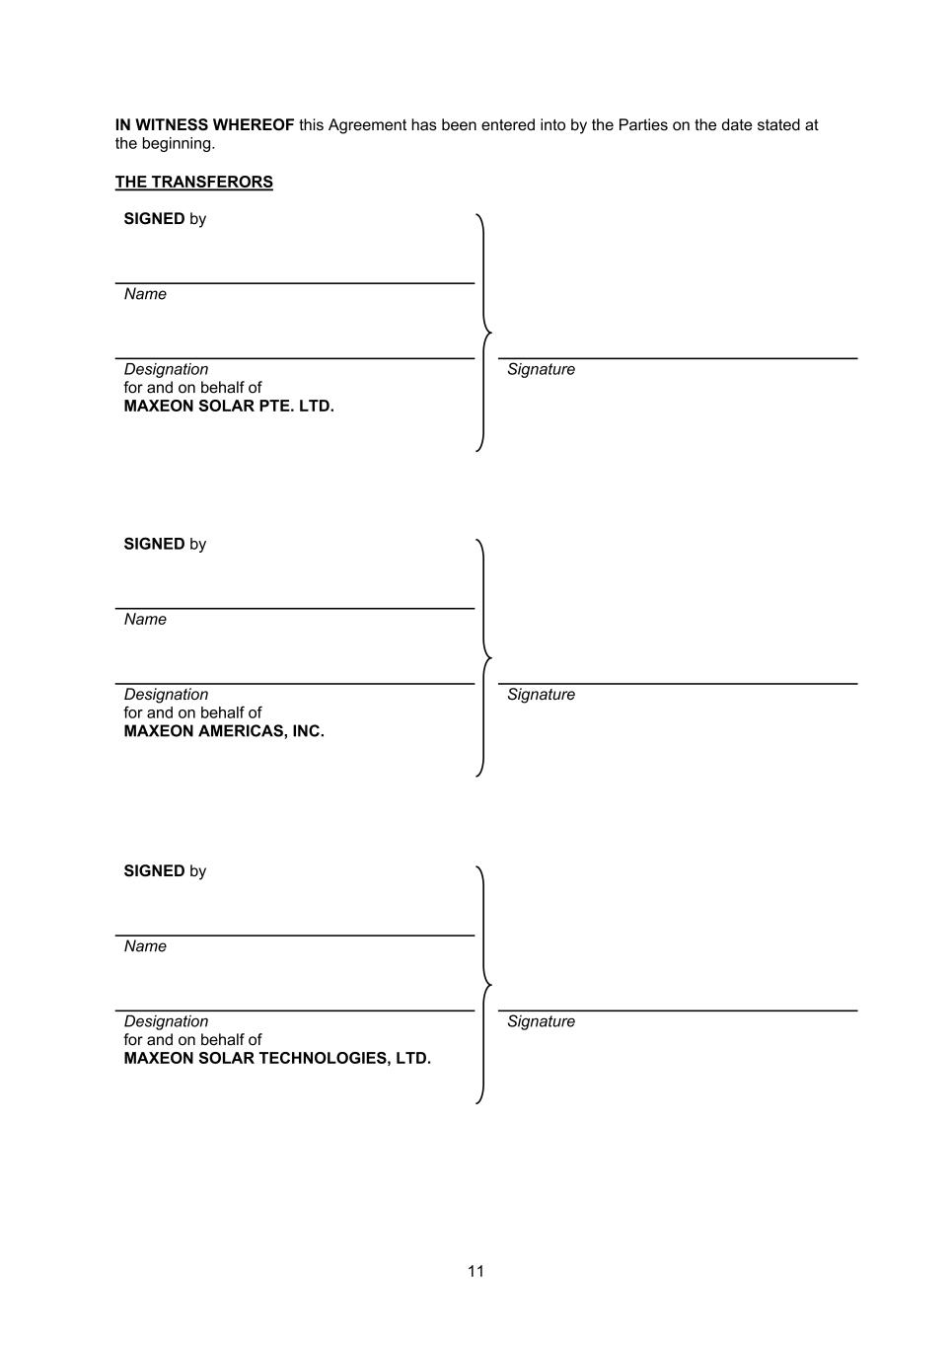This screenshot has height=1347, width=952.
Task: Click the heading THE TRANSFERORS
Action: [193, 182]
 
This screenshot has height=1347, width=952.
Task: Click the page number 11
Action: [476, 1271]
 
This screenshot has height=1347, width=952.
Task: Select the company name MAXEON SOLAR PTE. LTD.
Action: [229, 406]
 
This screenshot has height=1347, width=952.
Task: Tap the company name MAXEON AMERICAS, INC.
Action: [224, 731]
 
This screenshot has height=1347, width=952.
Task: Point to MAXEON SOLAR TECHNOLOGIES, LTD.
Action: [277, 1058]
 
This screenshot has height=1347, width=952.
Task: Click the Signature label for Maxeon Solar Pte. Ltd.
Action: [541, 369]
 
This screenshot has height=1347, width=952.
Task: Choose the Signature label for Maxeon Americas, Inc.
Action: [541, 695]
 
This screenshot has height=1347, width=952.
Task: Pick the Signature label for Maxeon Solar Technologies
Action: [541, 1021]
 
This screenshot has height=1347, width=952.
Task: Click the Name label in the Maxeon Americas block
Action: [145, 620]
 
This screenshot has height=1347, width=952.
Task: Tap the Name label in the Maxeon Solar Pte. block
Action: [145, 294]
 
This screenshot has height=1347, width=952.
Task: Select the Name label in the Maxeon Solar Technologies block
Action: [145, 946]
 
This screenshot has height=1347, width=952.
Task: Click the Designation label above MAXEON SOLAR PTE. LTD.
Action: [166, 369]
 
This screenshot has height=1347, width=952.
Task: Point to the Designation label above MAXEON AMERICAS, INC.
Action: [166, 695]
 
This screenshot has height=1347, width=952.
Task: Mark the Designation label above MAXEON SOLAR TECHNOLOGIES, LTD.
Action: [166, 1021]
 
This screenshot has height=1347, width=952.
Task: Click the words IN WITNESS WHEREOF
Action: [204, 125]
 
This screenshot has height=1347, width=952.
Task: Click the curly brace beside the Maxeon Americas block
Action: [482, 657]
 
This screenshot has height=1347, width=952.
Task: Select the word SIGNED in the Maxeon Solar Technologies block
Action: [154, 871]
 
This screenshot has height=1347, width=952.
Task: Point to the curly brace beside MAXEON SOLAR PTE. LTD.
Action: [482, 333]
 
